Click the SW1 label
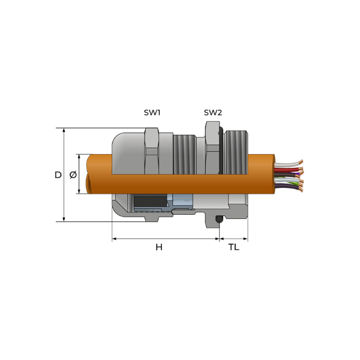(x=152, y=113)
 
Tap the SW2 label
(x=213, y=113)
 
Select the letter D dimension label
(x=58, y=175)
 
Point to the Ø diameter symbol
(x=73, y=175)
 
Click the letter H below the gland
(x=159, y=247)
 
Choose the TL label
(x=234, y=247)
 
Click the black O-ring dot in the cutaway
(x=219, y=220)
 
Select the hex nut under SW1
(x=152, y=151)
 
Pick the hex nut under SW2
(x=212, y=148)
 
